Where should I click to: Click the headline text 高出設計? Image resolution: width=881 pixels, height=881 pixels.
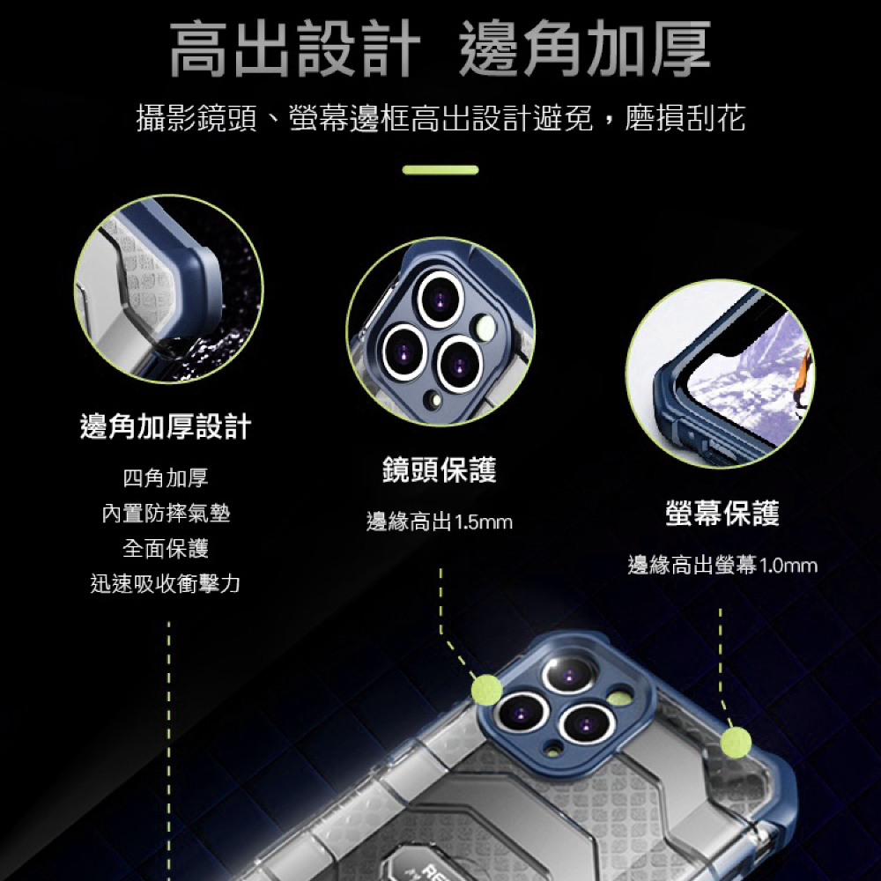293,49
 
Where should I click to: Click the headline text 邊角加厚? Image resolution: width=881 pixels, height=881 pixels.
585,49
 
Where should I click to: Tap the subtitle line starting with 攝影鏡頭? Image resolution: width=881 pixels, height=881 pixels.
440,118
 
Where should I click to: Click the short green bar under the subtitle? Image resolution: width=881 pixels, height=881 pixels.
440,170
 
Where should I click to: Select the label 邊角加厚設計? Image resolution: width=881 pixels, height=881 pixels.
166,427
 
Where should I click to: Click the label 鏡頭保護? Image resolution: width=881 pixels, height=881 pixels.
439,470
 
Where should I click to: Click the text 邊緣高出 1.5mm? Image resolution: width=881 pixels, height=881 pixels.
439,522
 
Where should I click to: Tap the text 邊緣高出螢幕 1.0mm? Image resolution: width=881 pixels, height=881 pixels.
722,566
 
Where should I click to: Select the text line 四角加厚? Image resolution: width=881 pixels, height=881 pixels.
166,479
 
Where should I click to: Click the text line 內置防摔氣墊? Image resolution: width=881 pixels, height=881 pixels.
166,514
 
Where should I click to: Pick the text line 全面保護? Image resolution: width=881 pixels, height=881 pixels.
166,549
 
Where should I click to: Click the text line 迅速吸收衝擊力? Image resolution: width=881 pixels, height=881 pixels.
166,583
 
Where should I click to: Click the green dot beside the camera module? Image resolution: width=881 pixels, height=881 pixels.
486,688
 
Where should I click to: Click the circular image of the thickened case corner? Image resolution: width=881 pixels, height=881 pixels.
167,289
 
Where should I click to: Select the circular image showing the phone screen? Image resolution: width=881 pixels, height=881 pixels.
720,373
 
